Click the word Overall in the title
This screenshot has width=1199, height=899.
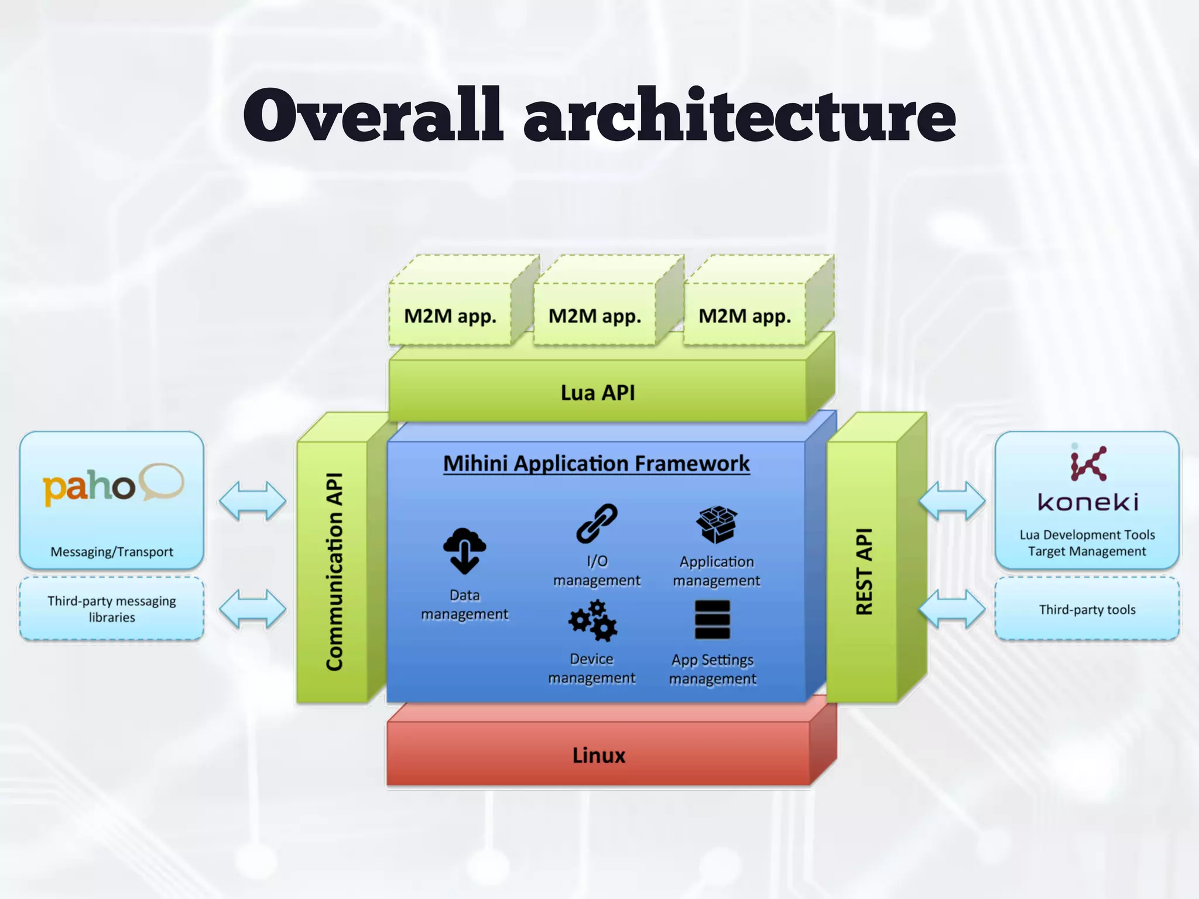click(x=373, y=115)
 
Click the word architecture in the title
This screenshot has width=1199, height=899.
click(x=739, y=115)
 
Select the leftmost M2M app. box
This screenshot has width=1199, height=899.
click(x=450, y=315)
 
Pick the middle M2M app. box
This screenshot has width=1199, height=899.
click(x=595, y=315)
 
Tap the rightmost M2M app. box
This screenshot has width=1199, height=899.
click(x=745, y=315)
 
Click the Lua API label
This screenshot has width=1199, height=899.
click(x=598, y=392)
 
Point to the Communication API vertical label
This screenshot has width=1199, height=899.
click(x=334, y=571)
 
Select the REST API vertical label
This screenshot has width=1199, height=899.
click(x=864, y=571)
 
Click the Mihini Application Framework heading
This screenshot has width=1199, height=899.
click(x=596, y=464)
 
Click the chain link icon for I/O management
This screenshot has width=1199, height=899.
click(x=597, y=523)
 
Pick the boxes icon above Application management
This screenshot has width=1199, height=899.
click(x=716, y=524)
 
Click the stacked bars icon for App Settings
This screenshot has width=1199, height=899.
click(x=712, y=620)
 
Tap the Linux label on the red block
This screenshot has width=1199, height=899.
click(x=598, y=755)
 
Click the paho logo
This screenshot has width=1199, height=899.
click(x=112, y=486)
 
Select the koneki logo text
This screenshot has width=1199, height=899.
click(x=1088, y=502)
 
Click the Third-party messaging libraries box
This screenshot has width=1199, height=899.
click(x=112, y=609)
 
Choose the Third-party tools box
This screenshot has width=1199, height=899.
click(x=1087, y=609)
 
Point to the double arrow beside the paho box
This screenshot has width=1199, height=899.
click(x=252, y=501)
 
